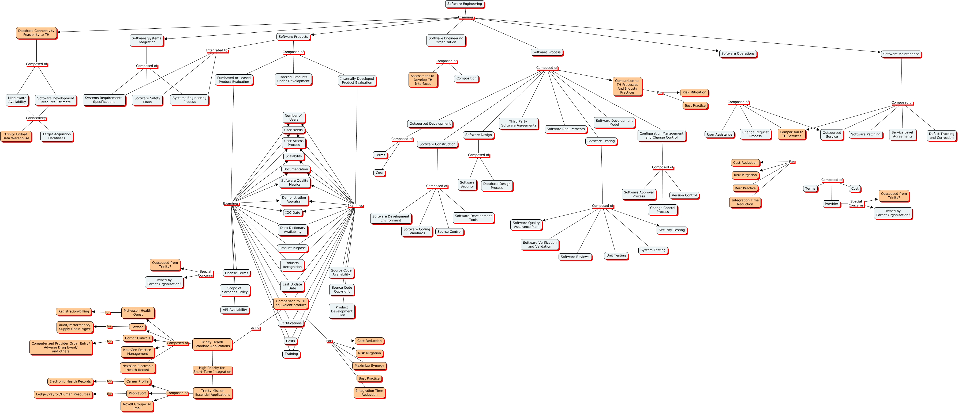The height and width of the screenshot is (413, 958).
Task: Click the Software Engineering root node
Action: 465,4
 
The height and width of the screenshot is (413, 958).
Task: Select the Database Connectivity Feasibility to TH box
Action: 36,33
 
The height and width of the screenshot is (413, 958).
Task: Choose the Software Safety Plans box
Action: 147,100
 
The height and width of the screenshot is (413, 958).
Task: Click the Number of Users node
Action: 293,117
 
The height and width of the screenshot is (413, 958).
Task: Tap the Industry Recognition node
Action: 292,265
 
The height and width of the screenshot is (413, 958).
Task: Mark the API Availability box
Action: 235,310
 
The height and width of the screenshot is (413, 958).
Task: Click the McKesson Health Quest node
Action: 138,313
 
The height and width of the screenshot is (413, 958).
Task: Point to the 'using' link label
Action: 255,328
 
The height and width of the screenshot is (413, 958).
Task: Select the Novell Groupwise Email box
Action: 137,406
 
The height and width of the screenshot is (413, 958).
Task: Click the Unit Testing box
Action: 616,255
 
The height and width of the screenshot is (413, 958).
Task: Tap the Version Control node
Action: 684,195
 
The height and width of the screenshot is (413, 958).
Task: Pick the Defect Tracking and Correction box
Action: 941,136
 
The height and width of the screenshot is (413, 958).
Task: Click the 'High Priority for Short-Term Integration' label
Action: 212,370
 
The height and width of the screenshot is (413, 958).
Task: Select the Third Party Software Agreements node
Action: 518,123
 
